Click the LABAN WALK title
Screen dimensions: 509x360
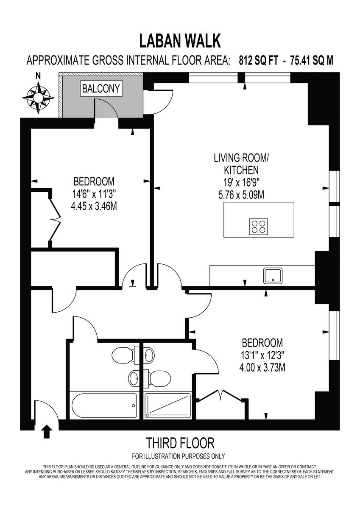(180, 41)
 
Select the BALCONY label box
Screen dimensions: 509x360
(101, 89)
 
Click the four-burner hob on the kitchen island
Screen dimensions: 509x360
(259, 226)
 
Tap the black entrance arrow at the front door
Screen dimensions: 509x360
(47, 432)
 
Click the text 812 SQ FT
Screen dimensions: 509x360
(259, 61)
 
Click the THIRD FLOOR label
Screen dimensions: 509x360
(180, 443)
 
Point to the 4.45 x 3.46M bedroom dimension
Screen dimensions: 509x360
(94, 207)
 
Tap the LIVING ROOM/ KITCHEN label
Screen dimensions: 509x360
(241, 165)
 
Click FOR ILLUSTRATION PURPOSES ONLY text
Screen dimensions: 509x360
(179, 456)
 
